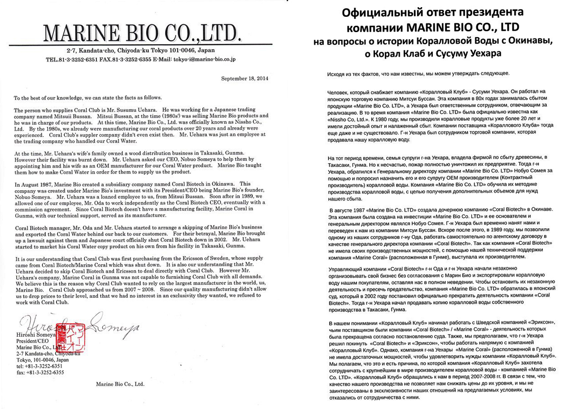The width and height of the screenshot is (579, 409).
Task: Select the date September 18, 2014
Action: pyautogui.click(x=245, y=78)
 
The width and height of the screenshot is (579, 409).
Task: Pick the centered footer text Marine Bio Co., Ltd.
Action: pyautogui.click(x=120, y=384)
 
